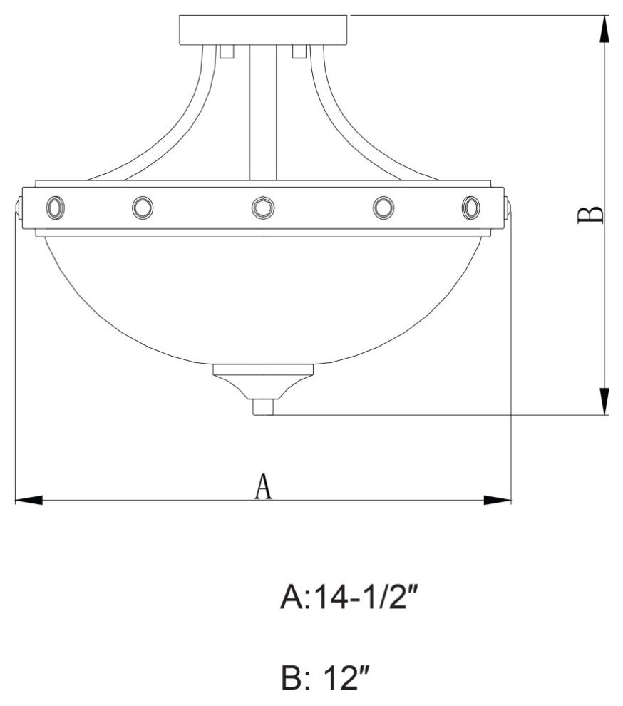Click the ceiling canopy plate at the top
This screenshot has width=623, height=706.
(x=263, y=29)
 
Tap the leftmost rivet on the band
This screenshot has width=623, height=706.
(x=54, y=208)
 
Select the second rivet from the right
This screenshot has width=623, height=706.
(x=383, y=208)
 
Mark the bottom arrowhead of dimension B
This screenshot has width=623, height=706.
(x=604, y=399)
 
